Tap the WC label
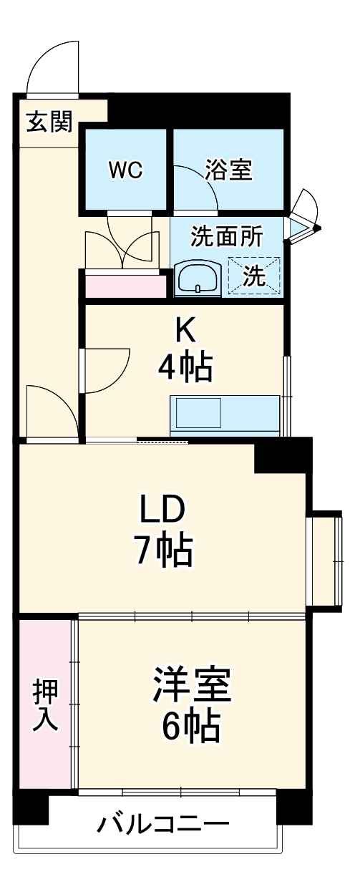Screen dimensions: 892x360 [125, 170]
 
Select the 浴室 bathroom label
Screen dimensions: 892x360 [228, 170]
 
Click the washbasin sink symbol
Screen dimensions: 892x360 [197, 276]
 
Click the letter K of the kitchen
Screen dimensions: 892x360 [185, 331]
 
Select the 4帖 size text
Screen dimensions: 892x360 [185, 367]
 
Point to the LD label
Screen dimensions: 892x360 [162, 510]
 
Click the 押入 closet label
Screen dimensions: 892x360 [45, 704]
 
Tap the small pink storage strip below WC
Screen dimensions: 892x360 [125, 286]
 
